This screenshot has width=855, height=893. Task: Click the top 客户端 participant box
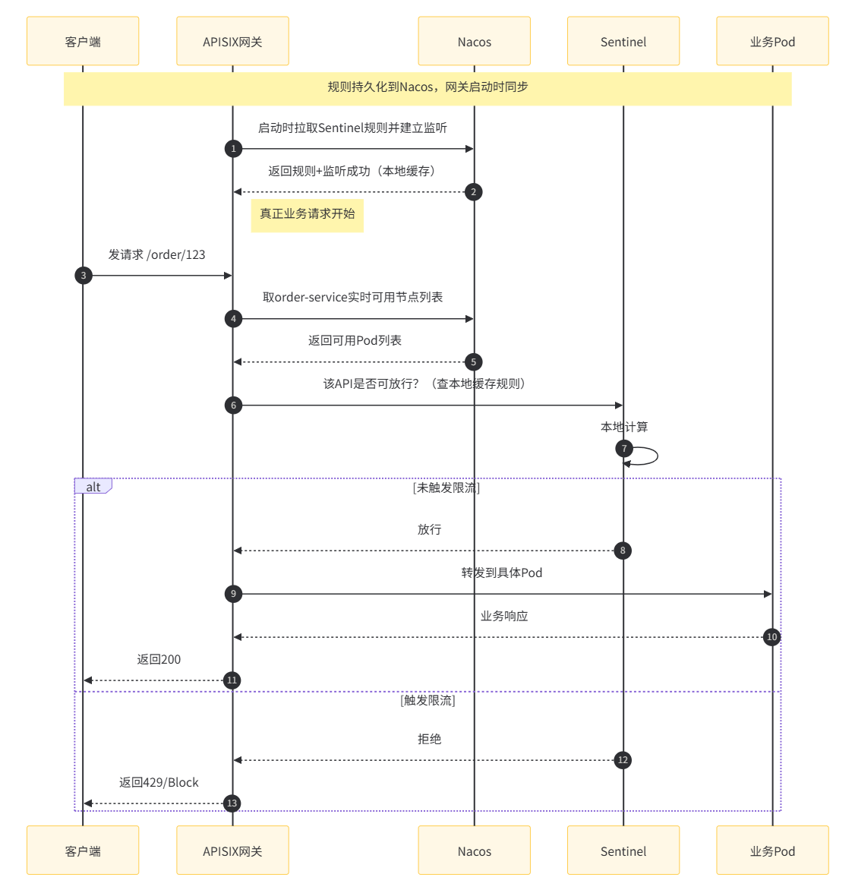tap(83, 41)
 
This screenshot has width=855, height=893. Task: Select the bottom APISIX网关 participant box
tap(232, 850)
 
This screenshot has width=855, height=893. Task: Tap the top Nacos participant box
tap(474, 41)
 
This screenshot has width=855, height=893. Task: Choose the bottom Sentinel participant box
tap(623, 850)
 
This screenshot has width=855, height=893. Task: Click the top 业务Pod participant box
tap(772, 41)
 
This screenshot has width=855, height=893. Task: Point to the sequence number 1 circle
tap(233, 149)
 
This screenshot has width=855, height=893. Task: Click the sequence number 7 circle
tap(624, 449)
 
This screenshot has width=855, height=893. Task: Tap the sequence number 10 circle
tap(771, 637)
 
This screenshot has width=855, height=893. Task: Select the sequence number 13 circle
tap(232, 803)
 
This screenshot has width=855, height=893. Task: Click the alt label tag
tap(93, 487)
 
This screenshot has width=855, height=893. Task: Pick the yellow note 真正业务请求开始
tap(307, 214)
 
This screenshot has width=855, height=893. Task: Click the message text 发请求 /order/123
tap(156, 254)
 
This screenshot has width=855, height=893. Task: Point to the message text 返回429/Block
tap(159, 782)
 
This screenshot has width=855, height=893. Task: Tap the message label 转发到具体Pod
tap(502, 573)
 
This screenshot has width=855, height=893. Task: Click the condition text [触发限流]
tap(427, 700)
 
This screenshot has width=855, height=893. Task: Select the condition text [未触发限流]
tap(446, 488)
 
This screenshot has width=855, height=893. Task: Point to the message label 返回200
tap(159, 659)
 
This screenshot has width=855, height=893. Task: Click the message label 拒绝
tap(429, 739)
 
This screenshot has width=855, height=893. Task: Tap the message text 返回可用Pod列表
tap(355, 340)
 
